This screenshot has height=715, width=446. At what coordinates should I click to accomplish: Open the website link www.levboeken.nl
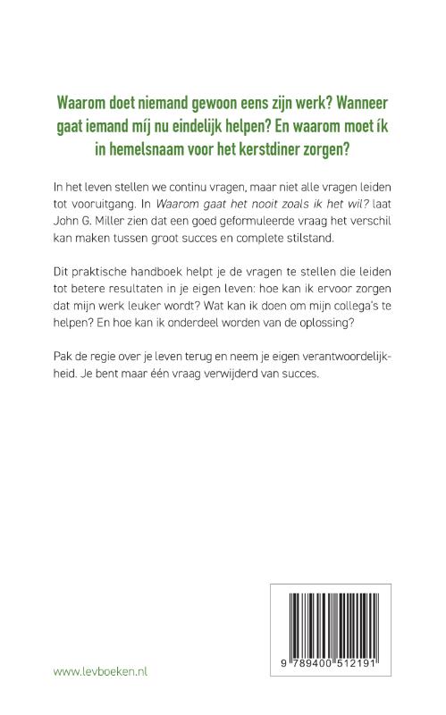tap(101, 671)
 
